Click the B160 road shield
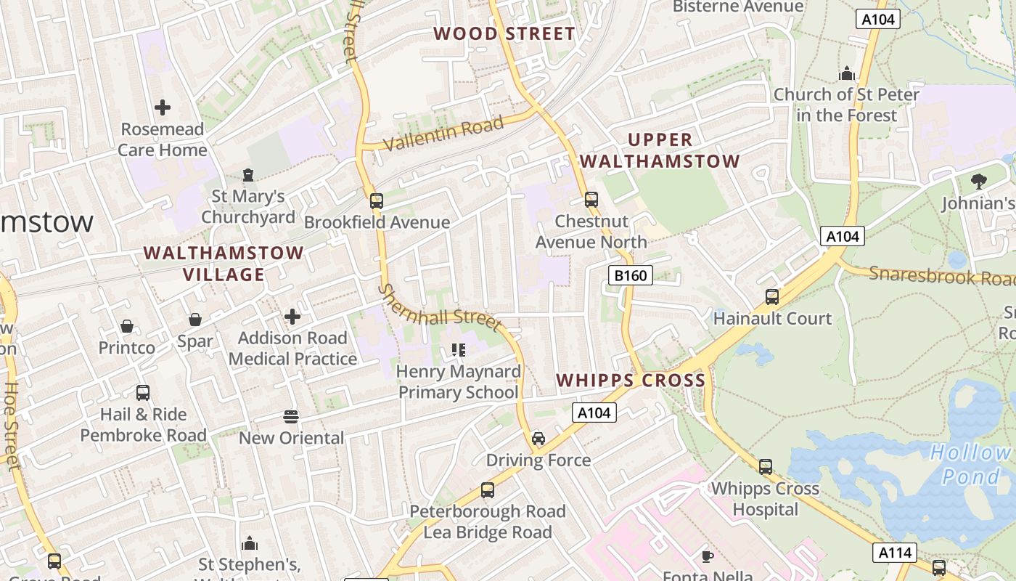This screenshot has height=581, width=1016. coord(630,275)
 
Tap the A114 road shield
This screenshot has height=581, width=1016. coord(895,553)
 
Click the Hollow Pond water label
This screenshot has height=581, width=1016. coord(970,465)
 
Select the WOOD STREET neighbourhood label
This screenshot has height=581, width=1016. coord(504,33)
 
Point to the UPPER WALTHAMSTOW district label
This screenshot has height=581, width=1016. coord(660,150)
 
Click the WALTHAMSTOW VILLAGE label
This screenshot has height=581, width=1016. coord(224,264)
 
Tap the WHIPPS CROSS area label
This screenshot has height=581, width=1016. coord(631,380)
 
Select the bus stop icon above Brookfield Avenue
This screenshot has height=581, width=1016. coord(376,201)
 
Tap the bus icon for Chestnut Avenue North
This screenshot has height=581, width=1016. coord(591,200)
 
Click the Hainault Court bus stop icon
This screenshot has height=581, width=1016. coord(772,297)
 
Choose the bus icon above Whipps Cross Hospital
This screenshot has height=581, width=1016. coord(765,467)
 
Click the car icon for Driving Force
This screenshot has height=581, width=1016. coord(538,438)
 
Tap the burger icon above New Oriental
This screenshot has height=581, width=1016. coord(291,416)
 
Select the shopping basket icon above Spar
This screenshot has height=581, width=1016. coord(195,320)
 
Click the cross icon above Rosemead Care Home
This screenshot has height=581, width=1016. coord(163,107)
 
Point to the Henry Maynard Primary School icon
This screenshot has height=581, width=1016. coord(458,350)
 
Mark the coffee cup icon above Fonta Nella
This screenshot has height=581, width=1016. coord(707,556)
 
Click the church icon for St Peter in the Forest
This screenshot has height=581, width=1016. coord(846,73)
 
